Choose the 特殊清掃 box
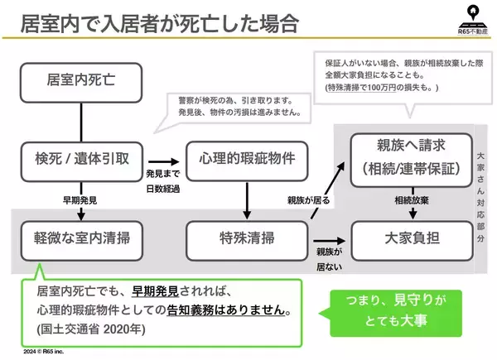pos(243,238)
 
